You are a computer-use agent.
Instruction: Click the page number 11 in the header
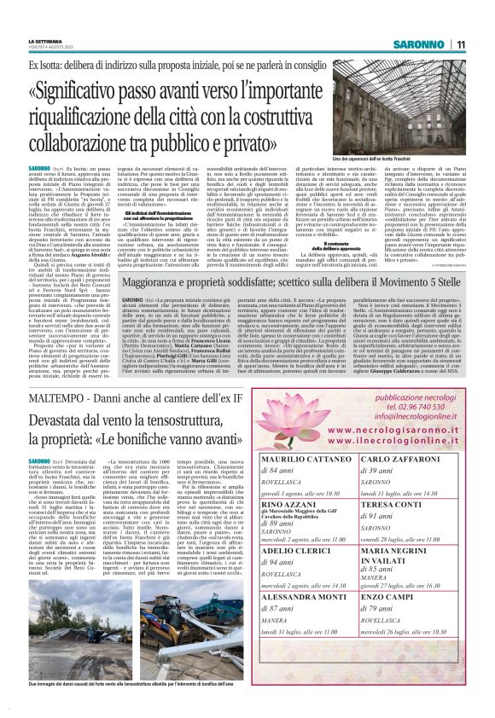pyautogui.click(x=460, y=44)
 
